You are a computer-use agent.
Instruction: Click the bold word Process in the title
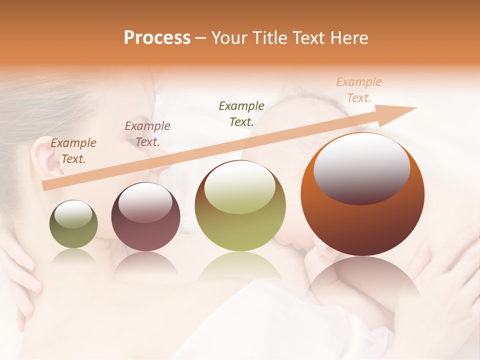157,38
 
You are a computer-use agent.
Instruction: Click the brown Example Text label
73,151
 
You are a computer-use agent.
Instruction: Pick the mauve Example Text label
147,134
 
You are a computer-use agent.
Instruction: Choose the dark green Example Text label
241,113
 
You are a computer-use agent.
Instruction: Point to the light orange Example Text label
358,90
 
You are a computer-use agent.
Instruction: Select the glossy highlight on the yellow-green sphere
240,188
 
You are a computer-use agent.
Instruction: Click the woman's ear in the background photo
46,157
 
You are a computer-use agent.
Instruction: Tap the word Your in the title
230,38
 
